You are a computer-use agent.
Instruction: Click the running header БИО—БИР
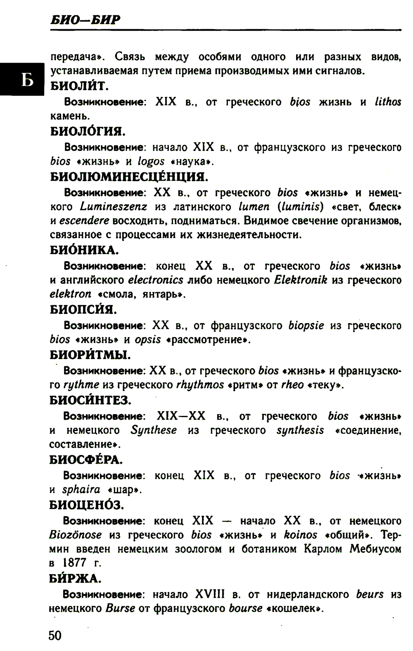click(x=85, y=19)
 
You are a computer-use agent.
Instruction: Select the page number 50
click(x=55, y=635)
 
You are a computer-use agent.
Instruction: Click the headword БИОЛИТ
click(x=79, y=86)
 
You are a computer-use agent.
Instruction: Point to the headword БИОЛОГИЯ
click(x=88, y=132)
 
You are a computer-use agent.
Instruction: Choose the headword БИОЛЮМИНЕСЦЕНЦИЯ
click(x=129, y=177)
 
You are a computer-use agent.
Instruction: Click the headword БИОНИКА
click(x=84, y=250)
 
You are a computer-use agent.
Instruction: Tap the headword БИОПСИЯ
click(x=83, y=309)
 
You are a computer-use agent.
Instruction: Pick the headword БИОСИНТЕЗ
click(x=90, y=400)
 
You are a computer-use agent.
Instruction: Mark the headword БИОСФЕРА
click(x=86, y=460)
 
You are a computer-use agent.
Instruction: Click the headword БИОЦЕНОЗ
click(x=86, y=505)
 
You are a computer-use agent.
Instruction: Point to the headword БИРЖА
click(x=75, y=579)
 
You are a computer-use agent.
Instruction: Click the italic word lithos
click(x=388, y=102)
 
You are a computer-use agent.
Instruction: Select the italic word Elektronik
click(x=301, y=280)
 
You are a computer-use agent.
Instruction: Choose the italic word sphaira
click(x=81, y=490)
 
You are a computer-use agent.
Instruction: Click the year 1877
click(x=75, y=563)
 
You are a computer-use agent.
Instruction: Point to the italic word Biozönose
click(x=75, y=535)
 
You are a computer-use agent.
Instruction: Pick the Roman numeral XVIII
click(x=210, y=594)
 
